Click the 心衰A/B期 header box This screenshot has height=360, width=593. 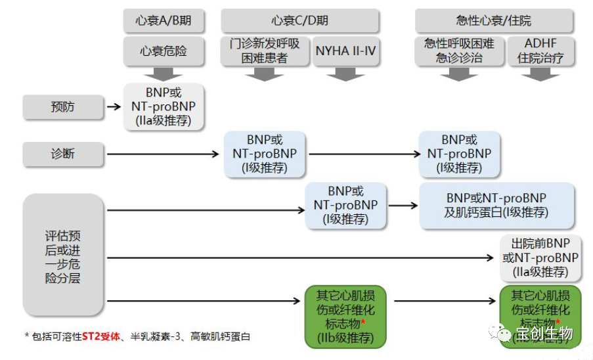pyautogui.click(x=164, y=20)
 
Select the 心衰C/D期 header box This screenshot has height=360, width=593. pyautogui.click(x=299, y=20)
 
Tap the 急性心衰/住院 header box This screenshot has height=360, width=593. pyautogui.click(x=494, y=20)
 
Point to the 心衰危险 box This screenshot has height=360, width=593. pyautogui.click(x=164, y=51)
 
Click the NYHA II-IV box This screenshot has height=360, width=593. pyautogui.click(x=346, y=51)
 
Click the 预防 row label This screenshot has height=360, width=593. pyautogui.click(x=63, y=106)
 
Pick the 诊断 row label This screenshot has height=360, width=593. pyautogui.click(x=63, y=154)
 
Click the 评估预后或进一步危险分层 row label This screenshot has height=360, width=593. pyautogui.click(x=63, y=256)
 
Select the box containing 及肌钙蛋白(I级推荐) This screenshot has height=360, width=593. pyautogui.click(x=496, y=205)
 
